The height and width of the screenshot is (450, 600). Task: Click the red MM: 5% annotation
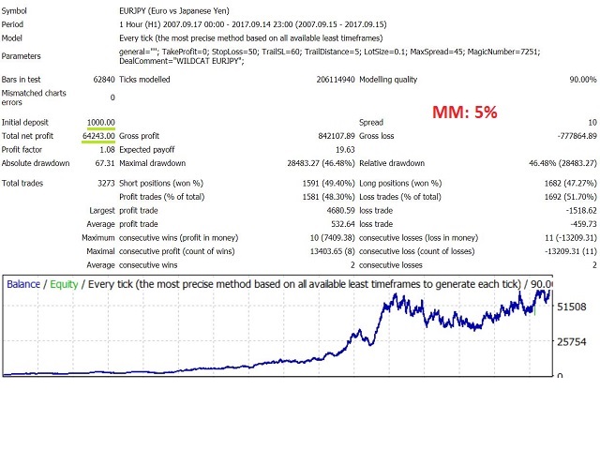click(x=464, y=112)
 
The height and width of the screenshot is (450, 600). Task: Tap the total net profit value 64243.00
click(x=96, y=135)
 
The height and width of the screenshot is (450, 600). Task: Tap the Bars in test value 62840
click(x=101, y=82)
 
